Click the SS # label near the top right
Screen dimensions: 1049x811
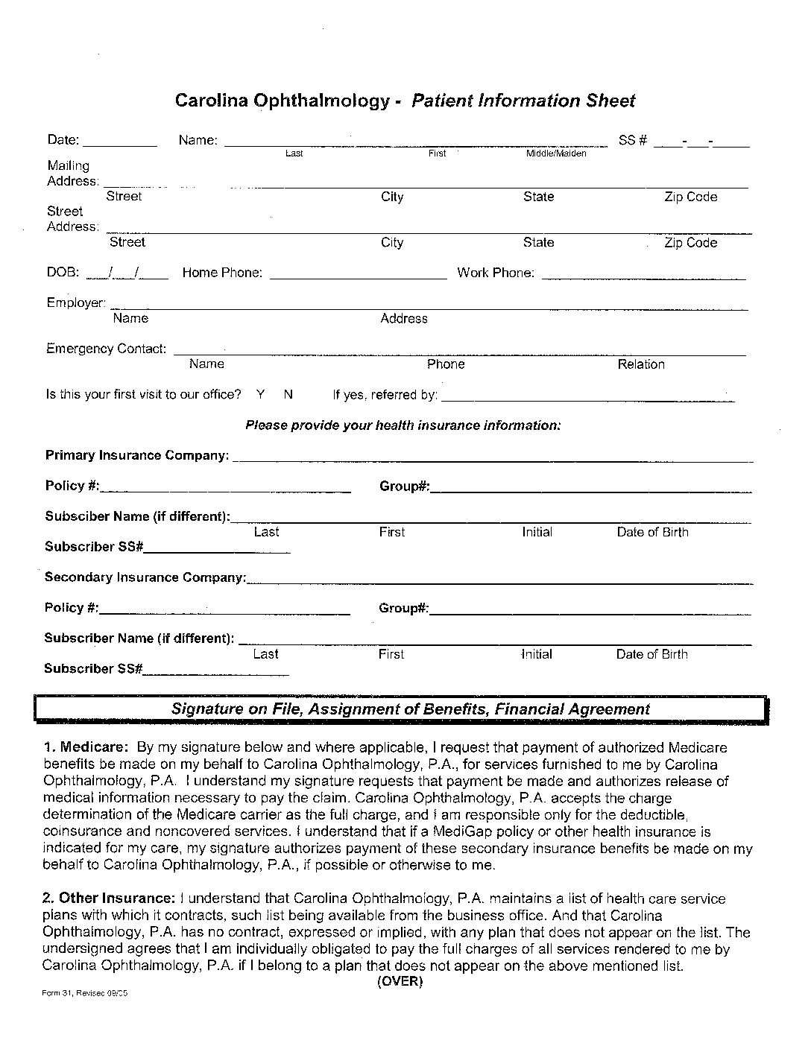[x=632, y=140]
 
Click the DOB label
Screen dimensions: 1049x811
[x=63, y=273]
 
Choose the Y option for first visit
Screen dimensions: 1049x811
[x=260, y=394]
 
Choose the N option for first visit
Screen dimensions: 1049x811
[x=288, y=394]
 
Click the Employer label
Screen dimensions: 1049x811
[x=75, y=302]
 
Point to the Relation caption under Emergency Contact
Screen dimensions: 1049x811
[x=641, y=364]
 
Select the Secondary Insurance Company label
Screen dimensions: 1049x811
[x=145, y=577]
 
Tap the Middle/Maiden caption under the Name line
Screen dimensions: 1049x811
[x=556, y=153]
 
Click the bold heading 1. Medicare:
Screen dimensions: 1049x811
[x=86, y=747]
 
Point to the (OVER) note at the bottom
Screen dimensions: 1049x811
[x=400, y=982]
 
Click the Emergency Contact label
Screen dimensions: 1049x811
[x=107, y=349]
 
